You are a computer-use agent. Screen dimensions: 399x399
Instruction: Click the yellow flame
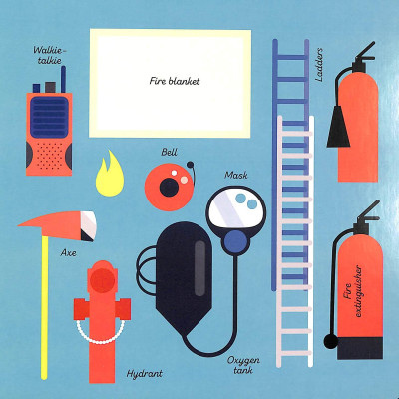coord(110,178)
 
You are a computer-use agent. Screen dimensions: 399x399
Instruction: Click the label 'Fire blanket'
coord(175,81)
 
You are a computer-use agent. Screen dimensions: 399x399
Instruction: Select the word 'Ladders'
coord(318,65)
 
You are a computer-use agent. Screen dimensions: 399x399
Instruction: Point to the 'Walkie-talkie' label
coord(50,55)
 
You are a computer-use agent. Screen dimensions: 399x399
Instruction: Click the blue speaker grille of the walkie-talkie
coord(49,117)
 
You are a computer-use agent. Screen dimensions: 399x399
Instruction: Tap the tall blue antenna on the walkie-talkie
coord(63,79)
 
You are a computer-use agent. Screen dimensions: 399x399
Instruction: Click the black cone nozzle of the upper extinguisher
coord(338,127)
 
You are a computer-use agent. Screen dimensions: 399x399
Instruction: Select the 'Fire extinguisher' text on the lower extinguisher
coord(353,291)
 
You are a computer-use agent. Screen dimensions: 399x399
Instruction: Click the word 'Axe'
coord(69,253)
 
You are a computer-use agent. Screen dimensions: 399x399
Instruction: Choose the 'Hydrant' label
coord(145,374)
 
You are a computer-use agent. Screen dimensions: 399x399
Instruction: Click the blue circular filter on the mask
coord(236,240)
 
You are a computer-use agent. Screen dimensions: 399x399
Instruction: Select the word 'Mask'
coord(236,175)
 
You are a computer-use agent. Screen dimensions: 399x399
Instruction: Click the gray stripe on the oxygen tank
coord(199,268)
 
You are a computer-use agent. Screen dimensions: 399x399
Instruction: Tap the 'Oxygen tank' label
coord(243,365)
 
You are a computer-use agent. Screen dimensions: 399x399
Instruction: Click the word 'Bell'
coord(169,153)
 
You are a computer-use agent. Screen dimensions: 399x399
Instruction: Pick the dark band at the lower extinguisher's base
coord(360,348)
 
